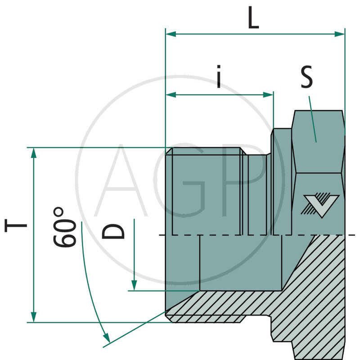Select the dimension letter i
(x=219, y=77)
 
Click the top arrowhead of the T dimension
(x=33, y=153)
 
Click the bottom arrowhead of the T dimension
(x=33, y=317)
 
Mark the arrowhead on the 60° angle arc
(x=107, y=337)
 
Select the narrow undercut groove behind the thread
(x=259, y=193)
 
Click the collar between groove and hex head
(x=282, y=180)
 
